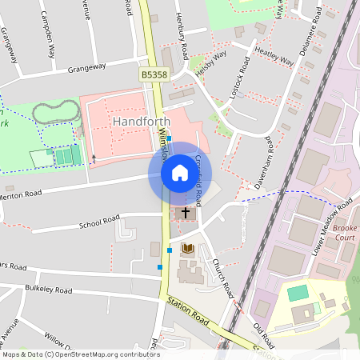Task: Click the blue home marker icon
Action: point(180,173)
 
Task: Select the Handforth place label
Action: point(143,121)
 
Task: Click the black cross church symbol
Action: point(186,213)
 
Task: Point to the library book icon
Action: point(188,249)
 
